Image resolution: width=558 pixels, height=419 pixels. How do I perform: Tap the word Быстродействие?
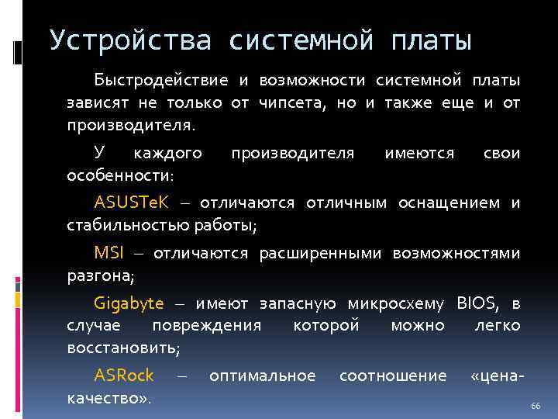(x=161, y=81)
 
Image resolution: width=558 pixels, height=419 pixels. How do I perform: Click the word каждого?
(x=167, y=154)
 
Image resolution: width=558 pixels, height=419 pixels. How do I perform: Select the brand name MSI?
(x=108, y=253)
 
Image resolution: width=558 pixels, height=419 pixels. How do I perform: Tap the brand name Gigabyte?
(x=129, y=303)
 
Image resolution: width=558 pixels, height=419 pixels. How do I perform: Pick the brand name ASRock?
(x=124, y=376)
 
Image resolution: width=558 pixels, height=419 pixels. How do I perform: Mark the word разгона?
(x=101, y=275)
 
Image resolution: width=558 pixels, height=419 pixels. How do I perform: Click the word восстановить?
(x=123, y=348)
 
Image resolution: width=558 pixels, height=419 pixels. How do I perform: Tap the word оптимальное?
(x=263, y=376)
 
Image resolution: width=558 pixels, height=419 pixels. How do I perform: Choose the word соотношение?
(x=393, y=376)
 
